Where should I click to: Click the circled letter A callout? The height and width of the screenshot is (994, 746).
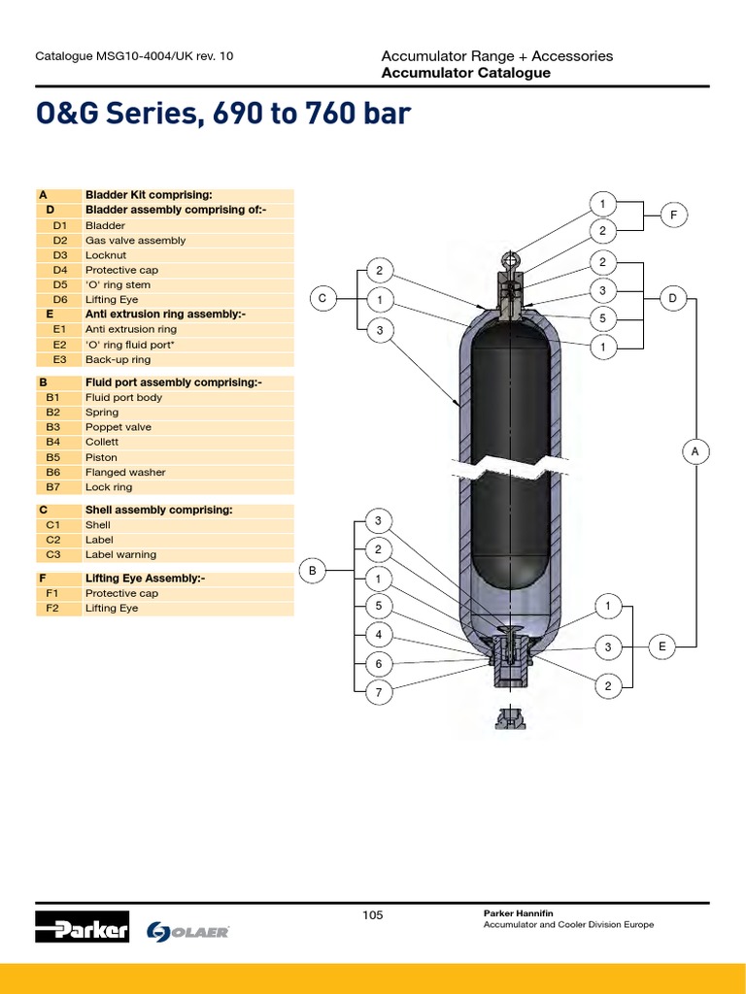695,451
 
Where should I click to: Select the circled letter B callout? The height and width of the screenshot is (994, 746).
313,571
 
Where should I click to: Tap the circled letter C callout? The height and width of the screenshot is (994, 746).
322,299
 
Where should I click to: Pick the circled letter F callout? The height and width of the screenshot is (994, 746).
673,215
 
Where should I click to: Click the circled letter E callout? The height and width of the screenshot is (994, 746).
661,646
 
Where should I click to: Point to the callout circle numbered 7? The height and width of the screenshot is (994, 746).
379,692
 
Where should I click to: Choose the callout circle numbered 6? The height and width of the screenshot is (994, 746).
379,664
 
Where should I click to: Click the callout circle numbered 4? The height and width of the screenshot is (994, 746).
379,635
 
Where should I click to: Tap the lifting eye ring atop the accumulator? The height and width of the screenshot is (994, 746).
510,260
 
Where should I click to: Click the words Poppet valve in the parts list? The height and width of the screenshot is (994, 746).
119,427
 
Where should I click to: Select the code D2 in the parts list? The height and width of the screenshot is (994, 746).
60,240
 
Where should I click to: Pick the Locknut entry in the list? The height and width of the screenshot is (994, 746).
106,255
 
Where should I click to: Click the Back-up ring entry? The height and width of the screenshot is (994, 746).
118,359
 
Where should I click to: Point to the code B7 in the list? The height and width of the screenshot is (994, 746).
53,487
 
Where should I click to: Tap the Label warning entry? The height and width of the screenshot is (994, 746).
120,555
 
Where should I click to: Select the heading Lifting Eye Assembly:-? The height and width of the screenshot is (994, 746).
145,578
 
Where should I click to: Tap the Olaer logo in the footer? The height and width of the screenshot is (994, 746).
188,931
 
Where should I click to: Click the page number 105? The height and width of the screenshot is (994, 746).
373,914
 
